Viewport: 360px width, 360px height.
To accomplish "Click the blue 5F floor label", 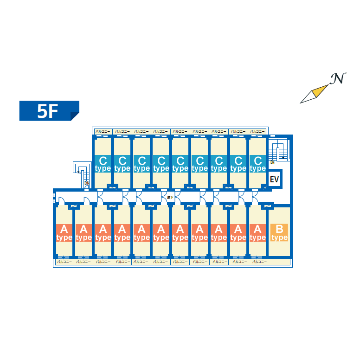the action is [49, 111].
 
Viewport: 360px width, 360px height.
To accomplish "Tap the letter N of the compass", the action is [338, 79].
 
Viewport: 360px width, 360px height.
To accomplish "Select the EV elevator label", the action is [274, 179].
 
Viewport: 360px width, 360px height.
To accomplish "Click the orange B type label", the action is [279, 232].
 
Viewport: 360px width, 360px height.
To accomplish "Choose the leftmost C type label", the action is [103, 164].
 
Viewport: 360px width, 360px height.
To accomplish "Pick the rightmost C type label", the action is [257, 164].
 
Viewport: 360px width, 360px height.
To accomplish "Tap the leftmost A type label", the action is [64, 232].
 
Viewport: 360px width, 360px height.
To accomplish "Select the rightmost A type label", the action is [257, 232].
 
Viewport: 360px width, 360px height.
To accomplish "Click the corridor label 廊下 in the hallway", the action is [170, 198].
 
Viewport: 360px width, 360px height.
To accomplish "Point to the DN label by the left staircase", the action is [86, 183].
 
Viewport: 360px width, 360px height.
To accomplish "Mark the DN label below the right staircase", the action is [272, 162].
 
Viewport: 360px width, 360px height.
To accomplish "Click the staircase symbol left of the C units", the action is [82, 169].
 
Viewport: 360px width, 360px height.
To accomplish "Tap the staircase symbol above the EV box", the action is [280, 149].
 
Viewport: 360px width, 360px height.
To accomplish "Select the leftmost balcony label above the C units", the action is [103, 132].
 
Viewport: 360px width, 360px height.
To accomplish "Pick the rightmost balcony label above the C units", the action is [257, 132].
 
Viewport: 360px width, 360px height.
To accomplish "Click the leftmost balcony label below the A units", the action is [64, 262].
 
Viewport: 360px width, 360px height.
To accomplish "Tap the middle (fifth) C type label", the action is [180, 164].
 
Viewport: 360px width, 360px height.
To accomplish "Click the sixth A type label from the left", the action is [161, 232].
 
